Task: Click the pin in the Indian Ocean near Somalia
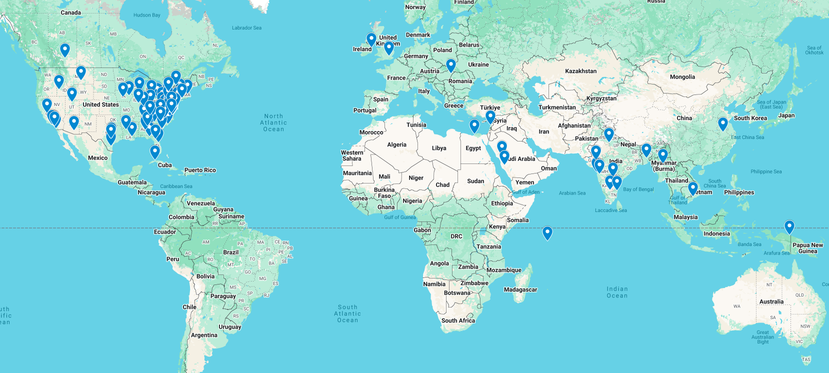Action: pyautogui.click(x=547, y=232)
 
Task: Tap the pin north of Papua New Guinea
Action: pyautogui.click(x=789, y=226)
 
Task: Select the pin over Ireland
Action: pyautogui.click(x=371, y=39)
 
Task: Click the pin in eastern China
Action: pyautogui.click(x=722, y=123)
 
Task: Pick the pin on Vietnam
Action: pyautogui.click(x=692, y=188)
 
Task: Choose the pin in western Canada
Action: pyautogui.click(x=64, y=49)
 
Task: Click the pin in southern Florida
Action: pyautogui.click(x=155, y=151)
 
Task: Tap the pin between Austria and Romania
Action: pyautogui.click(x=450, y=65)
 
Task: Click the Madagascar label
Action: pyautogui.click(x=520, y=289)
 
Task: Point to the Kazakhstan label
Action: pyautogui.click(x=580, y=71)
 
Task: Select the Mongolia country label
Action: pyautogui.click(x=682, y=77)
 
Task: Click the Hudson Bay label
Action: pyautogui.click(x=146, y=15)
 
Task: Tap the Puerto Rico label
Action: pyautogui.click(x=200, y=170)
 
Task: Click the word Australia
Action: pyautogui.click(x=771, y=301)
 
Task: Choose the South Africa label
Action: pyautogui.click(x=457, y=320)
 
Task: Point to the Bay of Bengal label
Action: pyautogui.click(x=638, y=189)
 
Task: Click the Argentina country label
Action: pyautogui.click(x=204, y=335)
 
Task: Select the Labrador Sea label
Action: pyautogui.click(x=246, y=28)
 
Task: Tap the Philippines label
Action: pyautogui.click(x=738, y=192)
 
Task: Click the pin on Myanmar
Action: pyautogui.click(x=662, y=155)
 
